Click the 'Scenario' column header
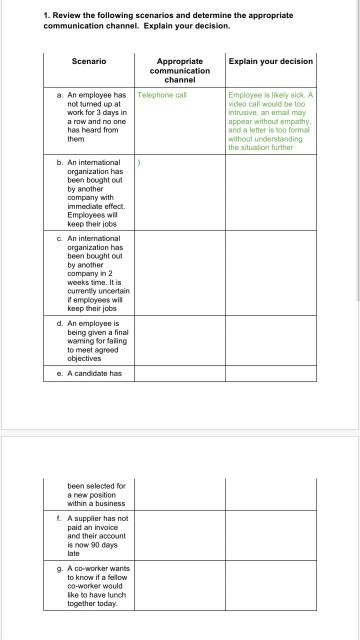tap(89, 61)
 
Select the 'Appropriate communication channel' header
tap(180, 71)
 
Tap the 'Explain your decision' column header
tap(270, 61)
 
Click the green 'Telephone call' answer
tap(162, 95)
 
